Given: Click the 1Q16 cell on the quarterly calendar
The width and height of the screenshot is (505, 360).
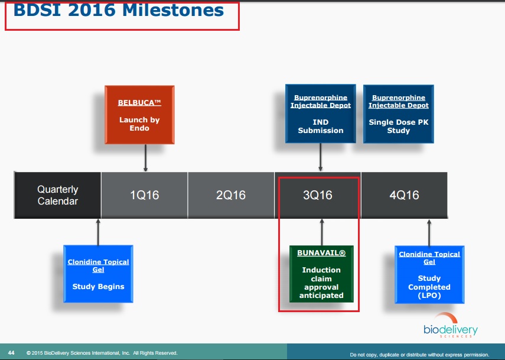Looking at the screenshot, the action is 144,195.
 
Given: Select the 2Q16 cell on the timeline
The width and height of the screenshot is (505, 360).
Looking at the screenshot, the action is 231,195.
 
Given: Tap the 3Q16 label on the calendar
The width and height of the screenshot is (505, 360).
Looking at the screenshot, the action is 318,195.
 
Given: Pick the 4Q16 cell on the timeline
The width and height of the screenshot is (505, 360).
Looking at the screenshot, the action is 404,195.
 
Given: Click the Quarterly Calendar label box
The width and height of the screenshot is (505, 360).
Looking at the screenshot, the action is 58,195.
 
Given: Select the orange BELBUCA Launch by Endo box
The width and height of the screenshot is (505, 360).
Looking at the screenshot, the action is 139,115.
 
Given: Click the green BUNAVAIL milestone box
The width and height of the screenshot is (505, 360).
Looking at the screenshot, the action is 321,274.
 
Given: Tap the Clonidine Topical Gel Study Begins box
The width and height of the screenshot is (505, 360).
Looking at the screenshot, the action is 98,274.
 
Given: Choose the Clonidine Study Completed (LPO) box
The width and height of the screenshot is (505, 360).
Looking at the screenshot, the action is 429,275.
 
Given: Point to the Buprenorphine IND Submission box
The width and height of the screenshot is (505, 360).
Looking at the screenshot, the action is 321,113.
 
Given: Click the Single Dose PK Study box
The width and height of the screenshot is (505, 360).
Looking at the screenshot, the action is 399,114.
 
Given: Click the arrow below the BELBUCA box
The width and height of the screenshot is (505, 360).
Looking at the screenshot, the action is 145,158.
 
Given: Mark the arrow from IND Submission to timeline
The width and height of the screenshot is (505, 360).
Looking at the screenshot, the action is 321,157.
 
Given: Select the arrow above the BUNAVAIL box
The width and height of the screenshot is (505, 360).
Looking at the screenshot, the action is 322,232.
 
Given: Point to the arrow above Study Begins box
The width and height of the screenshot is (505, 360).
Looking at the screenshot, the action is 98,232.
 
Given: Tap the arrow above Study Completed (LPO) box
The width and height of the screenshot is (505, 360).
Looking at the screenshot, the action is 429,233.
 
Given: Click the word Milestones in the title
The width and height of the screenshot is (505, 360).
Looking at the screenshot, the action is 173,10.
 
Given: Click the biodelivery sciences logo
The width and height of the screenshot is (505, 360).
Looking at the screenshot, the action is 451,326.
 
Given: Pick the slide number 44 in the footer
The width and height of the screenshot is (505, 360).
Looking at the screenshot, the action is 11,352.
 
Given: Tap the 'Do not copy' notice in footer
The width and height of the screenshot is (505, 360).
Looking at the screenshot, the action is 419,355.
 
